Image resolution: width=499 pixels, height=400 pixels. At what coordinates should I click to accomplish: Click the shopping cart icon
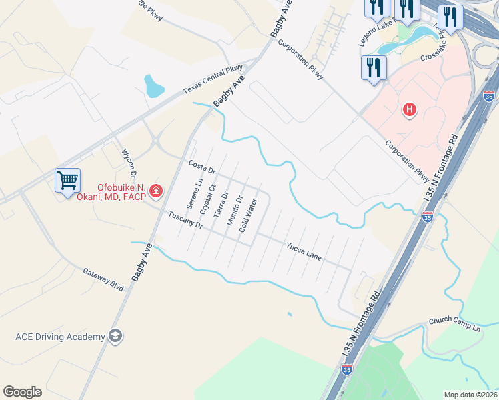point(68,180)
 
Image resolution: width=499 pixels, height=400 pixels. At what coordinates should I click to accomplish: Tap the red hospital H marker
point(410,109)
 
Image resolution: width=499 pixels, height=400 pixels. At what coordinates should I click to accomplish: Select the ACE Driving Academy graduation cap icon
point(115,336)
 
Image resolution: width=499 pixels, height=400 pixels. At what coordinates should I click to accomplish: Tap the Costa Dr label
point(202,167)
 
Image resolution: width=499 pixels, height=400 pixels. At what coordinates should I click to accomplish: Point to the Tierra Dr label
point(221,205)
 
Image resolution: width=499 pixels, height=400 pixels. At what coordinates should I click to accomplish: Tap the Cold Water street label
point(247,215)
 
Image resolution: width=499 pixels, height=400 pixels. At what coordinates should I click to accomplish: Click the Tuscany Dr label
point(185,220)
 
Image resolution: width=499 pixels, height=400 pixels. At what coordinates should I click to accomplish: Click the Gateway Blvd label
point(104,279)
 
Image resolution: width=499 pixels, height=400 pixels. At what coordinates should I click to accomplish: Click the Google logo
point(22,392)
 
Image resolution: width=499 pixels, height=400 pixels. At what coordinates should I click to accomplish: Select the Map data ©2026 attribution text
point(470,395)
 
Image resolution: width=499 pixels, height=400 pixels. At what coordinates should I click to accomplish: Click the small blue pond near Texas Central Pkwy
point(153,85)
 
